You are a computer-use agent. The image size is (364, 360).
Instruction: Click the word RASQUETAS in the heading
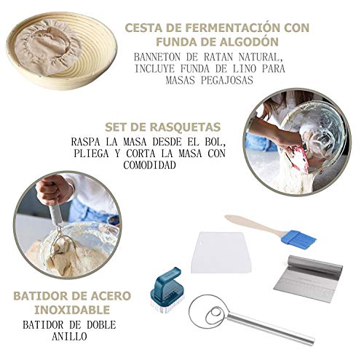[184, 127]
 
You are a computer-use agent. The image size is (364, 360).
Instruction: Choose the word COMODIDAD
[149, 165]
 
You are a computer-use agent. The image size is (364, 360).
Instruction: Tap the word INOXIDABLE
[72, 310]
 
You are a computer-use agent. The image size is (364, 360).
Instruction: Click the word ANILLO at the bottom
[69, 336]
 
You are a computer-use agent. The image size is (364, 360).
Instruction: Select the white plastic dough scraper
[221, 252]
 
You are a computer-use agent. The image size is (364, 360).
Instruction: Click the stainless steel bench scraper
[308, 279]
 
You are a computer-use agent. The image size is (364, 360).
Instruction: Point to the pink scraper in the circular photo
[299, 158]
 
